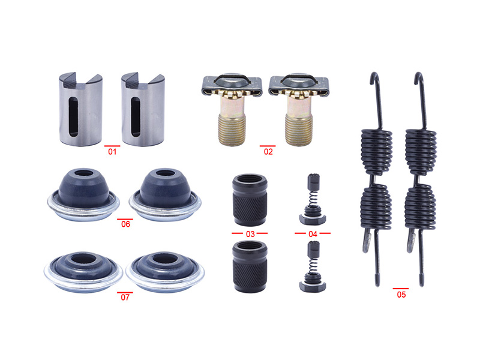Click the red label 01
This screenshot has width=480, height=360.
point(112,152)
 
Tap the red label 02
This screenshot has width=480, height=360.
point(268,152)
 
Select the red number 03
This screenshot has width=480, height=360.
point(250,234)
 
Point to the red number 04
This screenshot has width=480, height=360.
point(313,234)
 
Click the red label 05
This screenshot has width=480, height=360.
point(401,295)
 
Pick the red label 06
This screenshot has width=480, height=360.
point(125,224)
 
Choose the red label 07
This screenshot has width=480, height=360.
point(125,297)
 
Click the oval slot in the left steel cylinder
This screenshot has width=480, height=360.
point(73,116)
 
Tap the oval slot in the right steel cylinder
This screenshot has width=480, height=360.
point(136,116)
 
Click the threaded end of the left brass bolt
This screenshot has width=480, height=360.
point(232,129)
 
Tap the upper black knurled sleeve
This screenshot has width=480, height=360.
point(250,200)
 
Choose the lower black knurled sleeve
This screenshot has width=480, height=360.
point(250,266)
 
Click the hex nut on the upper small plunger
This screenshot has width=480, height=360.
point(313,219)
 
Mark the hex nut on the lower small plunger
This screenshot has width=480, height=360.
point(313,286)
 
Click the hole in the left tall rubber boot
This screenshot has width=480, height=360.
point(84,173)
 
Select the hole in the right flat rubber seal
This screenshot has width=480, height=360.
point(166,260)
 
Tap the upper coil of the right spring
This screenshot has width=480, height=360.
point(421,152)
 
